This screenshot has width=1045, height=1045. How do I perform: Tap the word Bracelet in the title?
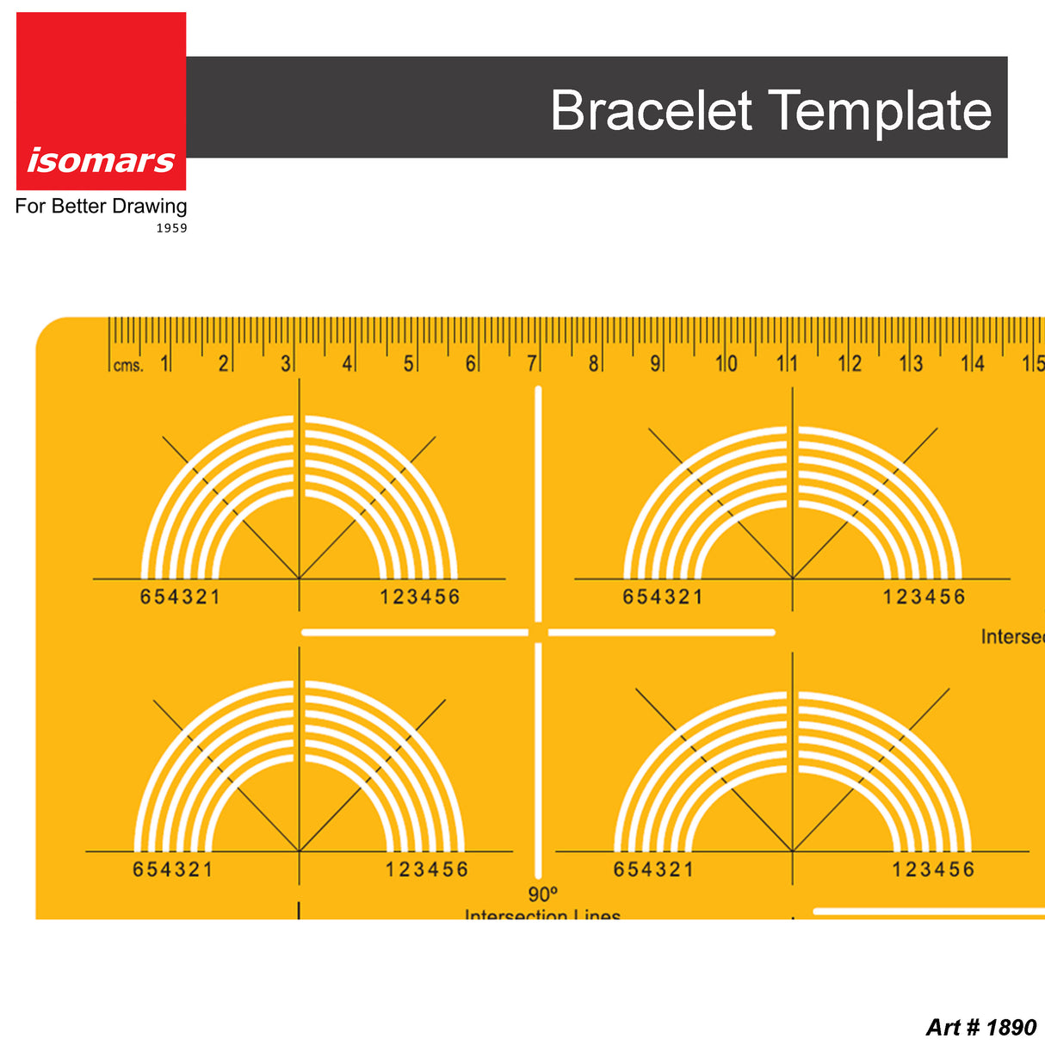[x=652, y=110]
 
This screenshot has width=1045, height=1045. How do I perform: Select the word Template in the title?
[x=880, y=112]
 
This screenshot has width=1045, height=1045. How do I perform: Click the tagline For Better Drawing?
[x=101, y=207]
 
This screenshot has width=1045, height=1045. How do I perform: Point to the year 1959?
[x=171, y=228]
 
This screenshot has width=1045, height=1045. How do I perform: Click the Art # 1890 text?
[x=981, y=1027]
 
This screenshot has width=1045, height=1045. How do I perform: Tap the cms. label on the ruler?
[x=128, y=365]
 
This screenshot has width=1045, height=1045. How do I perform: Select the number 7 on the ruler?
[x=532, y=363]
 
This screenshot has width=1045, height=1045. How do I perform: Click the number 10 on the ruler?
[x=727, y=363]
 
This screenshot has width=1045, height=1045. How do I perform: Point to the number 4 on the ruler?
[x=347, y=363]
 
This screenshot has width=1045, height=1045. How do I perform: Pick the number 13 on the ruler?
[x=912, y=363]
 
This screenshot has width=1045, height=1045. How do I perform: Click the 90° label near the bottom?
[x=543, y=894]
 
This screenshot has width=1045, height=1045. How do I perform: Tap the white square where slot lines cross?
[x=538, y=633]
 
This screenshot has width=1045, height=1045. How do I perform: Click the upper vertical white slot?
[x=538, y=504]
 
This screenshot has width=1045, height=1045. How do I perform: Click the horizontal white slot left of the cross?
[x=414, y=633]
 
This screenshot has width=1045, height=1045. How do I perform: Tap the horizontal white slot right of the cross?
[x=661, y=633]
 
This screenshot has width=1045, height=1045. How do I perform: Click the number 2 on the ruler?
[x=223, y=363]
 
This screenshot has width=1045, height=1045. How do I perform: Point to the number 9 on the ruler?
[x=655, y=363]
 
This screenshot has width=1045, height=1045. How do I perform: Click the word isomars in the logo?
[x=101, y=160]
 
